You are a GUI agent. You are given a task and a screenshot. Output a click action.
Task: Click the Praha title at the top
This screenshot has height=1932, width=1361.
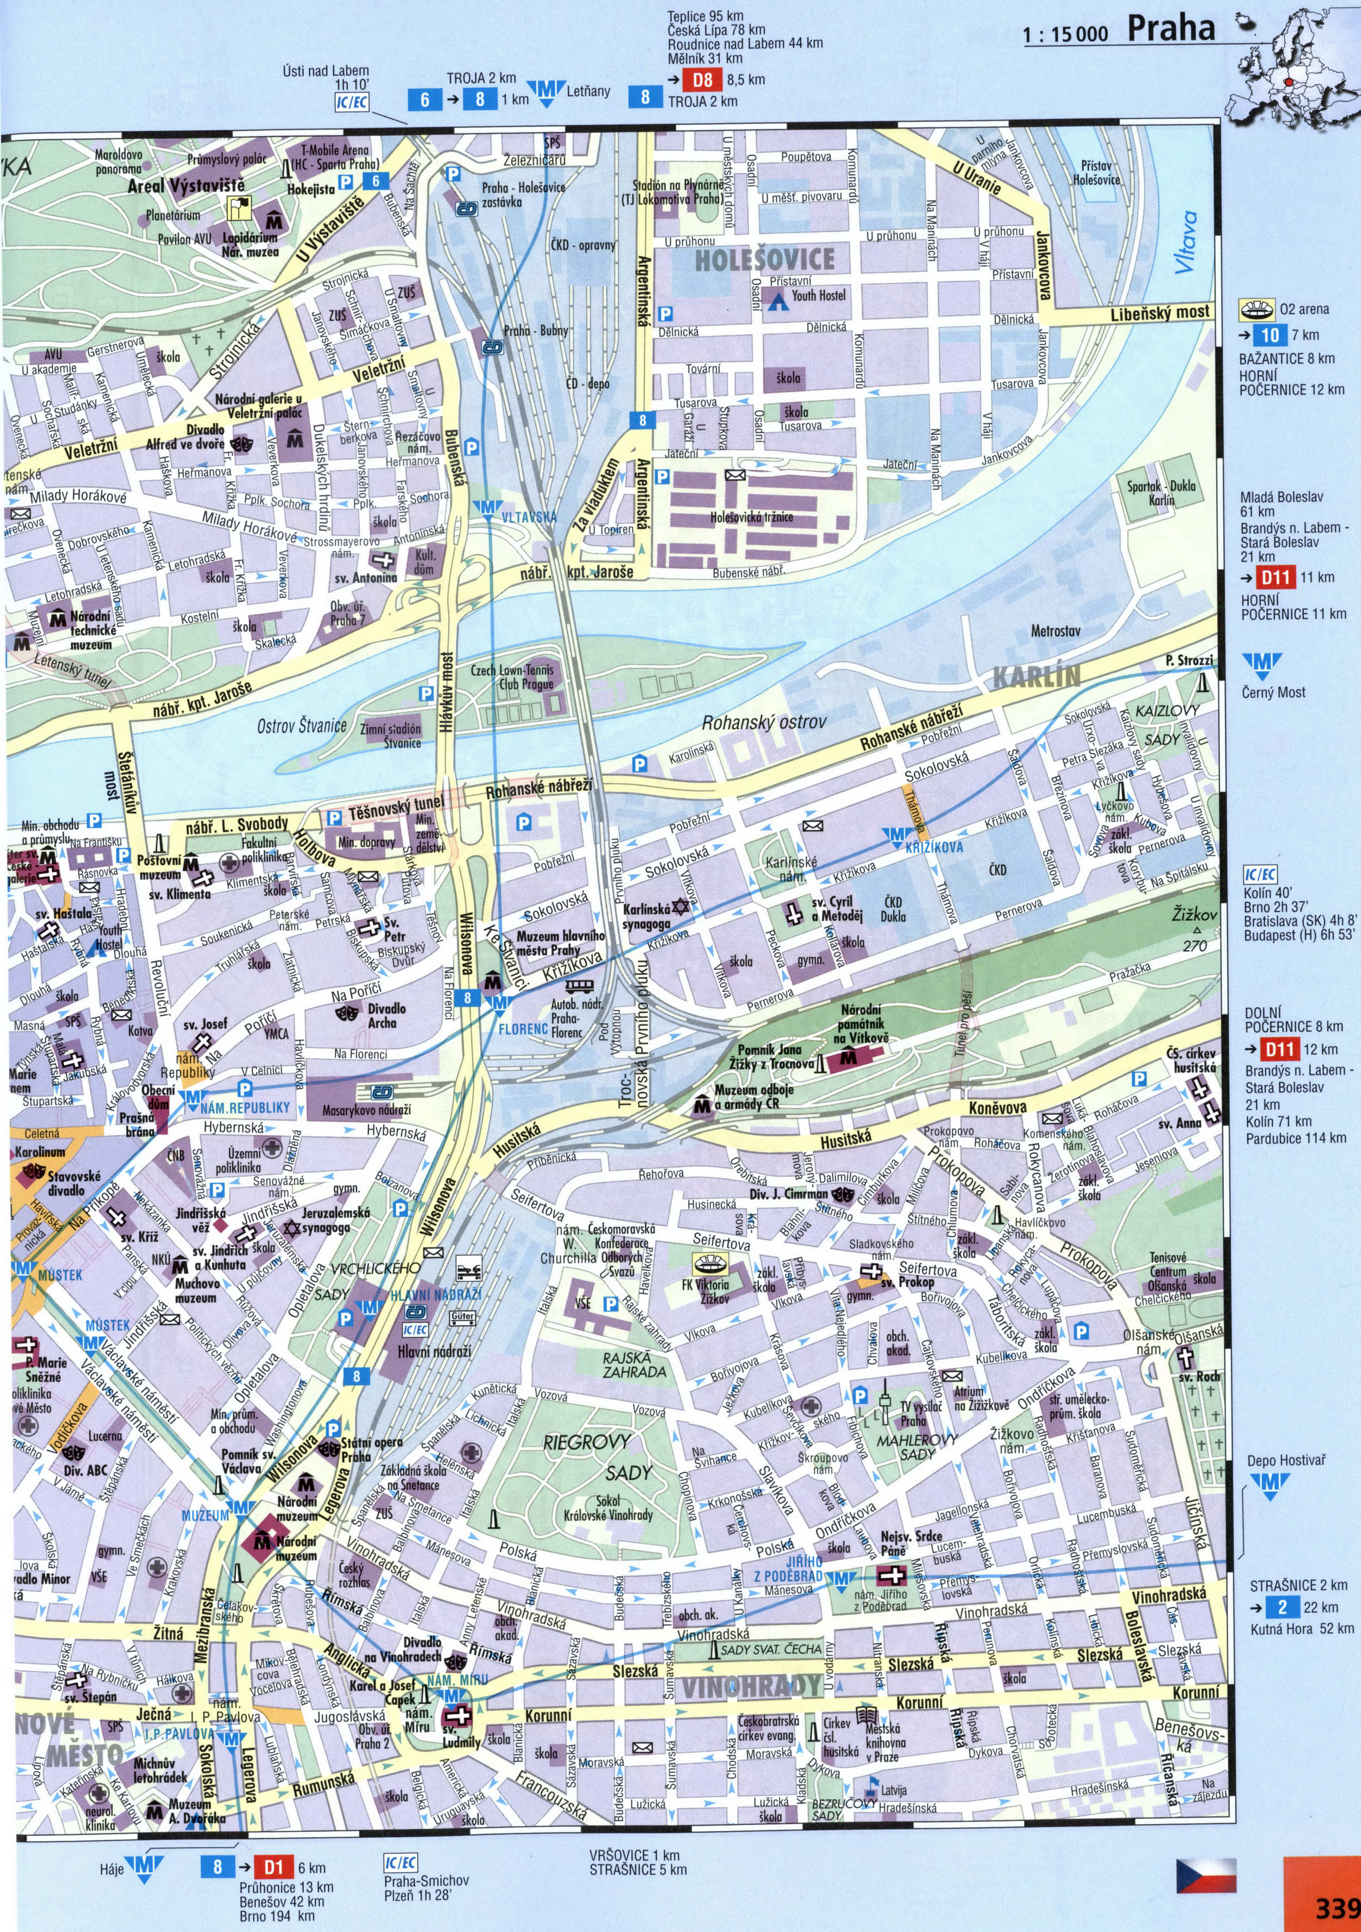(x=1171, y=29)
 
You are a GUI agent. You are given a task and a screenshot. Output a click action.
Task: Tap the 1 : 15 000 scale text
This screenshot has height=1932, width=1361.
(x=1066, y=34)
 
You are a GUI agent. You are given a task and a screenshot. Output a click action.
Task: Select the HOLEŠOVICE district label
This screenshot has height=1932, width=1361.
(x=765, y=259)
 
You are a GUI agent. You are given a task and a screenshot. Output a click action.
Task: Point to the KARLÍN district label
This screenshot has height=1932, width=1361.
(x=1037, y=676)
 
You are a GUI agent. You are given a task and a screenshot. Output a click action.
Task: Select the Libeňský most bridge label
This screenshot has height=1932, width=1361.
(x=1160, y=313)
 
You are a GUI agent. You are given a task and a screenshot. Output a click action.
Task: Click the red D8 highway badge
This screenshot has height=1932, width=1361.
(x=702, y=80)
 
